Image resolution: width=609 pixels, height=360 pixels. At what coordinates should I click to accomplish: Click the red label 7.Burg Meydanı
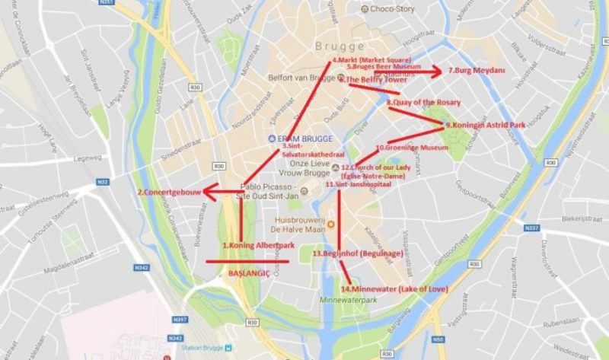coord(477,71)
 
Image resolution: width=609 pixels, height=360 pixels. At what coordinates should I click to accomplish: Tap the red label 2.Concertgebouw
coord(169,193)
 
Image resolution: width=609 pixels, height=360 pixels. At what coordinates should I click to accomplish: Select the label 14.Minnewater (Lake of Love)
coord(394,289)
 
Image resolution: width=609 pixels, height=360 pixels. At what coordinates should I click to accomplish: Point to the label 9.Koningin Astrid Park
coord(486,124)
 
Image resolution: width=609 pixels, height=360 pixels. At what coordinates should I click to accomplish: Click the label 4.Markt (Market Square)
coord(371,59)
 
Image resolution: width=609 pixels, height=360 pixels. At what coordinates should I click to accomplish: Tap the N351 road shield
coord(106,4)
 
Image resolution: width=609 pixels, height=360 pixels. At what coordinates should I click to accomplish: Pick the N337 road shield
coord(532,228)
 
